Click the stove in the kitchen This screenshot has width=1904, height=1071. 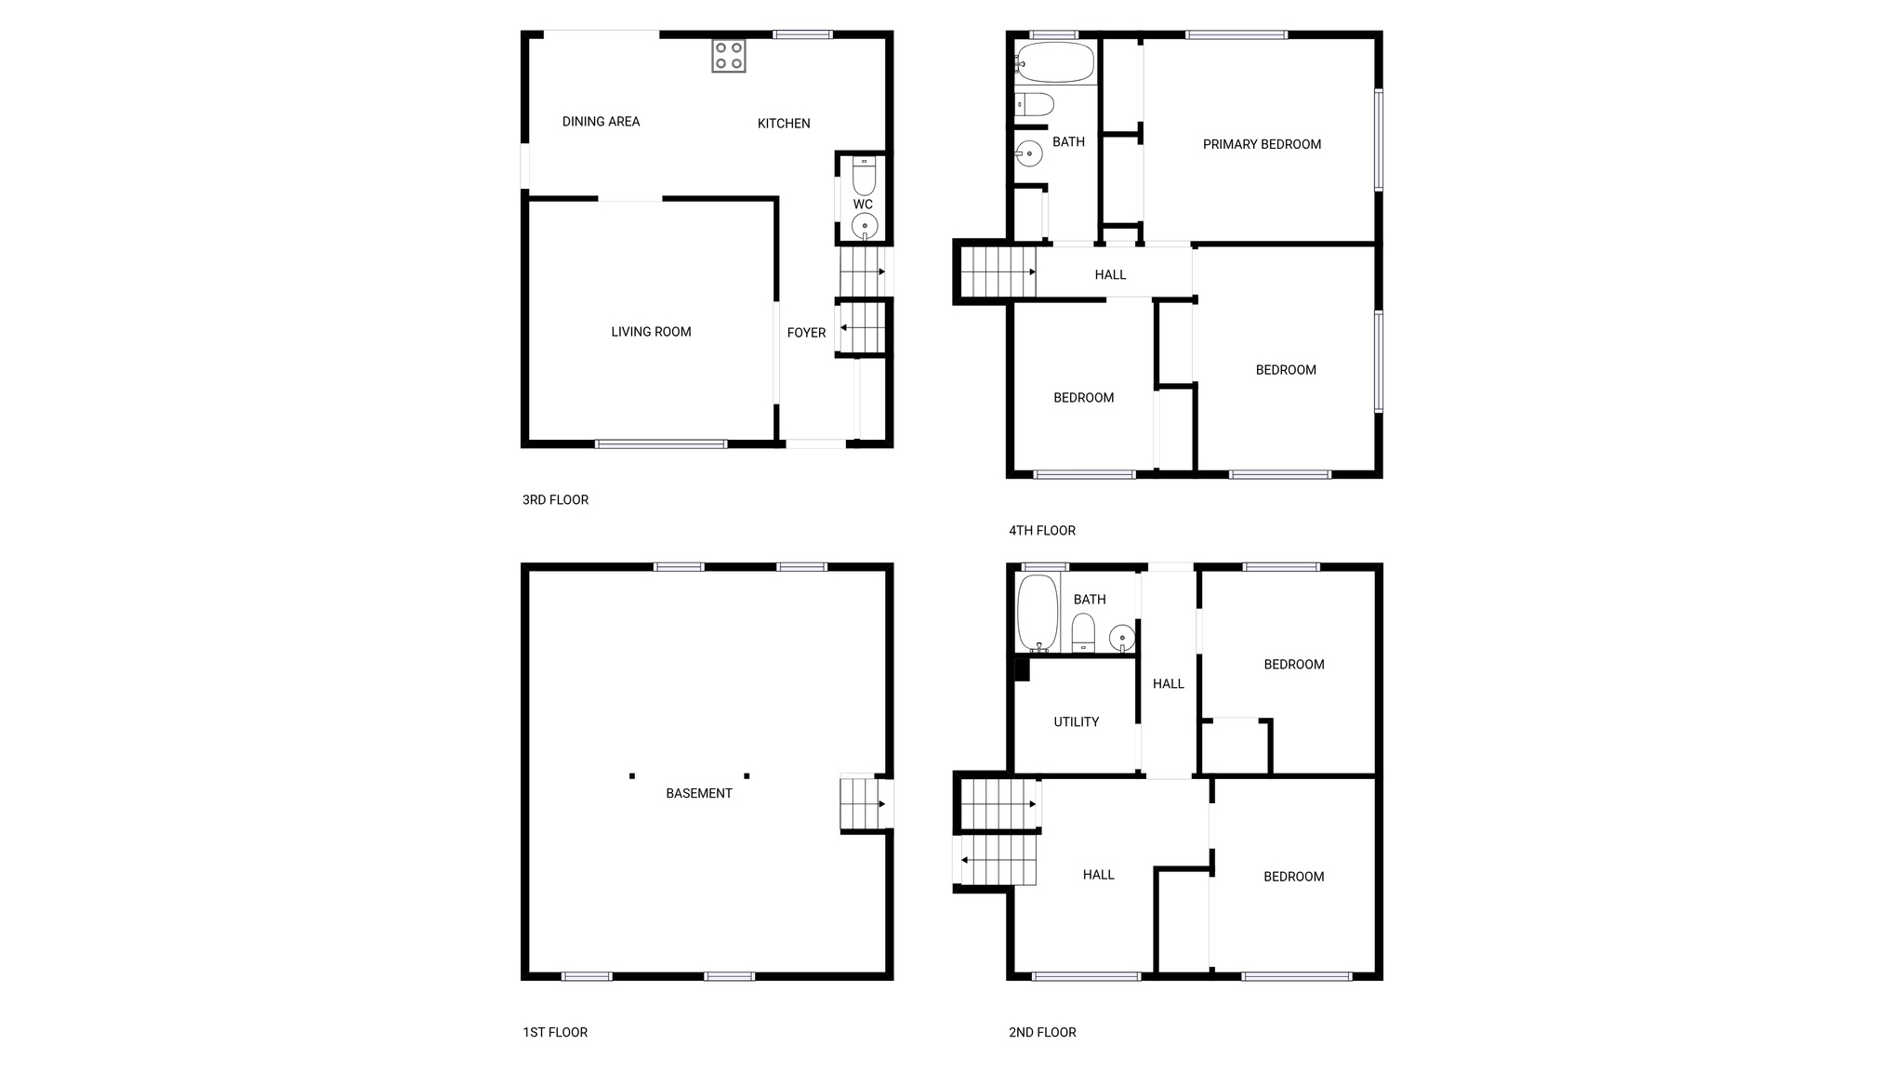pyautogui.click(x=729, y=55)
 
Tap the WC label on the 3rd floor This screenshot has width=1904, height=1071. pyautogui.click(x=863, y=205)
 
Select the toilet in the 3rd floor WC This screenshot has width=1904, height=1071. pyautogui.click(x=864, y=176)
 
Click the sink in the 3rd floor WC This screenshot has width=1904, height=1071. pyautogui.click(x=865, y=226)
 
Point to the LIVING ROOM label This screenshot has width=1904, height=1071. pyautogui.click(x=651, y=332)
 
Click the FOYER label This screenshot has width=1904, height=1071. pyautogui.click(x=806, y=333)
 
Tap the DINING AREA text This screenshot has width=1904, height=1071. pyautogui.click(x=601, y=122)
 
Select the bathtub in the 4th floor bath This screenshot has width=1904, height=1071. pyautogui.click(x=1054, y=62)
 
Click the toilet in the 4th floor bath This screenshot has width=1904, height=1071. pyautogui.click(x=1035, y=104)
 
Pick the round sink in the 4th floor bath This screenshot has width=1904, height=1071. pyautogui.click(x=1028, y=153)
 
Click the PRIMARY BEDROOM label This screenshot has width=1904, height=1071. pyautogui.click(x=1262, y=144)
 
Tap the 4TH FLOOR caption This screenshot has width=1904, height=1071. pyautogui.click(x=1042, y=531)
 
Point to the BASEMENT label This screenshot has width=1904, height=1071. pyautogui.click(x=699, y=794)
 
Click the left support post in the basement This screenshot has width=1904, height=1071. pyautogui.click(x=632, y=775)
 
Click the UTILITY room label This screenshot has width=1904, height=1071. pyautogui.click(x=1077, y=722)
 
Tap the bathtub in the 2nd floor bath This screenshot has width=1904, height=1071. pyautogui.click(x=1038, y=613)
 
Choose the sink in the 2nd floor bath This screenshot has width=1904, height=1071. pyautogui.click(x=1122, y=638)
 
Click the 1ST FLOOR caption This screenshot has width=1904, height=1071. pyautogui.click(x=555, y=1032)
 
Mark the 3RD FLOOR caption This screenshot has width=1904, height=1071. pyautogui.click(x=555, y=500)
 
